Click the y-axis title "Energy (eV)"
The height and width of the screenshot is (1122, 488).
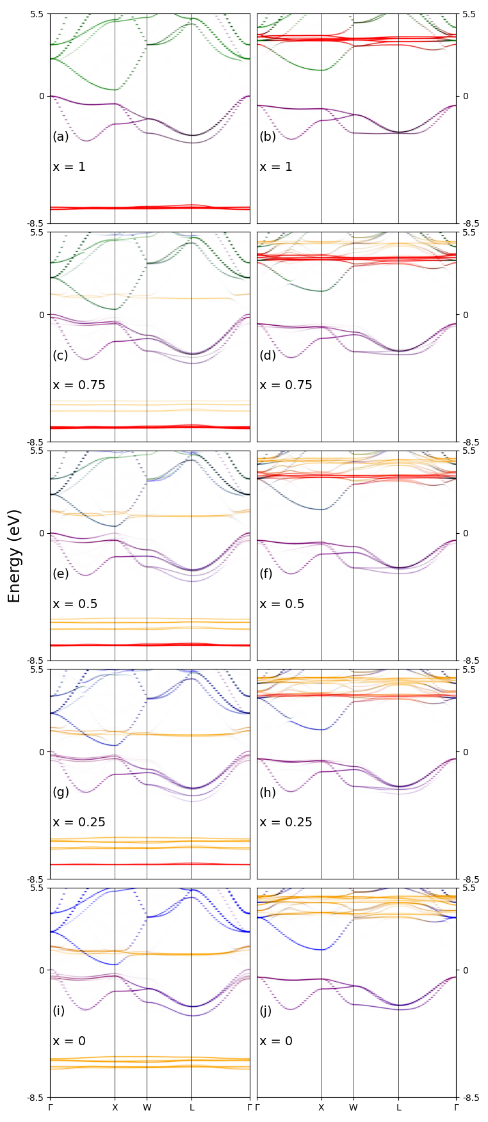(14, 556)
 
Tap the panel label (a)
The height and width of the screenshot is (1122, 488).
(61, 136)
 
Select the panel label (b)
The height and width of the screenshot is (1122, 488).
(268, 136)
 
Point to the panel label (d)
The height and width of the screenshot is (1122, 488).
(268, 355)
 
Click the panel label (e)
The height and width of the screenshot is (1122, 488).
(61, 573)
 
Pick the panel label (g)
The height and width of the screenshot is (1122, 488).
(61, 792)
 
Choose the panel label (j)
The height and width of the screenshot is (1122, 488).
(266, 1011)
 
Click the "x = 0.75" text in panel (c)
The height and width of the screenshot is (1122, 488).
(79, 385)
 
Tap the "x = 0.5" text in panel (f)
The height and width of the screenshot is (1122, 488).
(282, 604)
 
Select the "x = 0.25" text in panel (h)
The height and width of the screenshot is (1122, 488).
(286, 822)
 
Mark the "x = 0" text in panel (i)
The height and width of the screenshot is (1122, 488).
(69, 1041)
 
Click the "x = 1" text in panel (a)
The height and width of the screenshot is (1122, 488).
(69, 167)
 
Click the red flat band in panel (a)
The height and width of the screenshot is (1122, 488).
(150, 207)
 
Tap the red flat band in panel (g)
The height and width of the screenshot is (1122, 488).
(150, 864)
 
